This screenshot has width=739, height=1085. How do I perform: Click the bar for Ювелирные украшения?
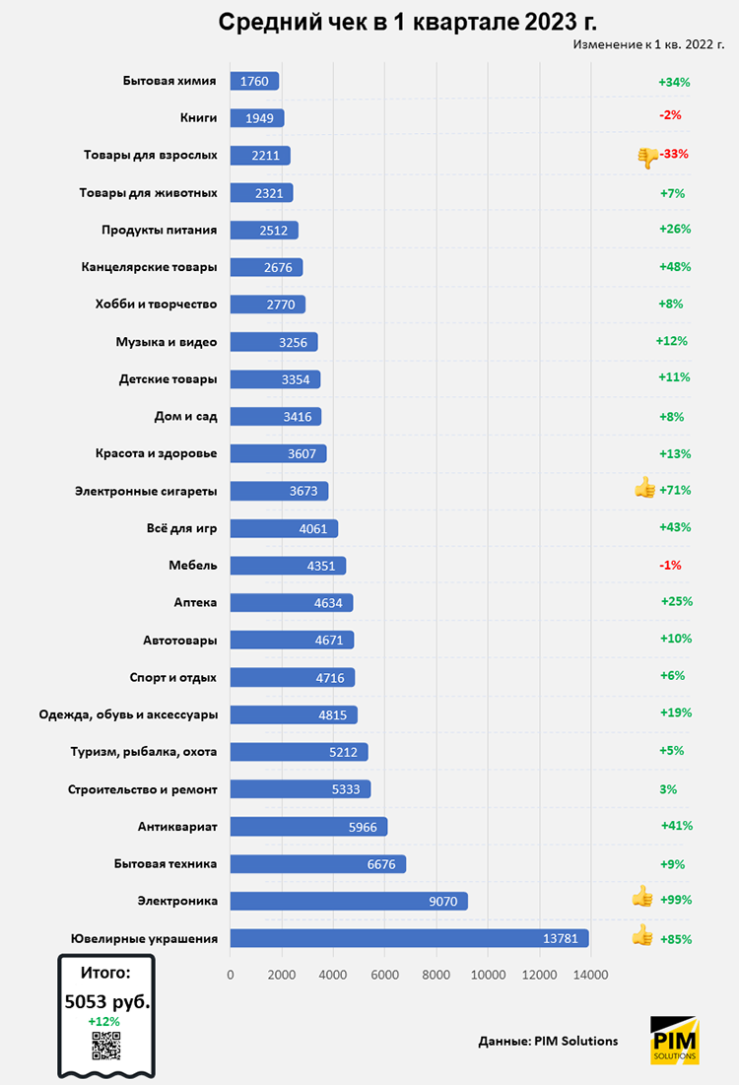click(x=409, y=938)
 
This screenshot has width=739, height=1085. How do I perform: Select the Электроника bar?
click(x=348, y=901)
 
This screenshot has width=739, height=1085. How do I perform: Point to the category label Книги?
click(x=198, y=118)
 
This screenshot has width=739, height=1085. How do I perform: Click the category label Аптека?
click(x=195, y=602)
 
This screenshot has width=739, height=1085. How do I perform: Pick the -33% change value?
click(x=675, y=154)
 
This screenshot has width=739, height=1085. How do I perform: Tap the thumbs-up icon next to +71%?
click(x=645, y=488)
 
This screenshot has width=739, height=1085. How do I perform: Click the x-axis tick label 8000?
click(x=437, y=975)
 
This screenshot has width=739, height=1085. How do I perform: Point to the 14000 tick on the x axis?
click(x=590, y=975)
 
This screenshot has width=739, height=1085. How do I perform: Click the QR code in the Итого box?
click(x=105, y=1046)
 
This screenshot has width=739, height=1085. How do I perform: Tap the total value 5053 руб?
click(x=106, y=1002)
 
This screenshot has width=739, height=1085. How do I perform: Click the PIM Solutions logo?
click(x=675, y=1041)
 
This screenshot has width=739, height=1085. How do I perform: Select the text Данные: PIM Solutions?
click(x=548, y=1041)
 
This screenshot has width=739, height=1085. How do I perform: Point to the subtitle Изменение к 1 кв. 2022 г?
click(x=647, y=44)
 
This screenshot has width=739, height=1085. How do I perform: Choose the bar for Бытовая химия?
click(x=254, y=82)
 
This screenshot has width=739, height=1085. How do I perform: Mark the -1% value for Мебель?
click(x=671, y=565)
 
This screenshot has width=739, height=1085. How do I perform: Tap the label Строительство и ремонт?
click(x=143, y=789)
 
